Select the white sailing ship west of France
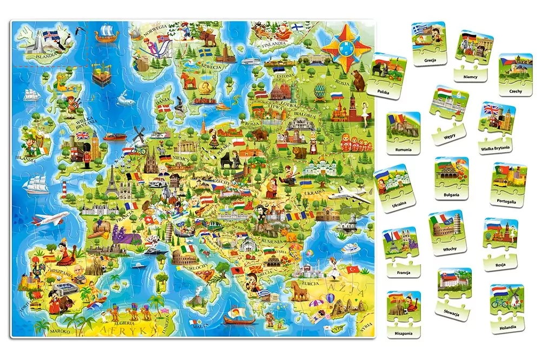click(x=35, y=184)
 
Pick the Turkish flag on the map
click(x=353, y=269)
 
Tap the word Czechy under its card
click(x=515, y=91)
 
